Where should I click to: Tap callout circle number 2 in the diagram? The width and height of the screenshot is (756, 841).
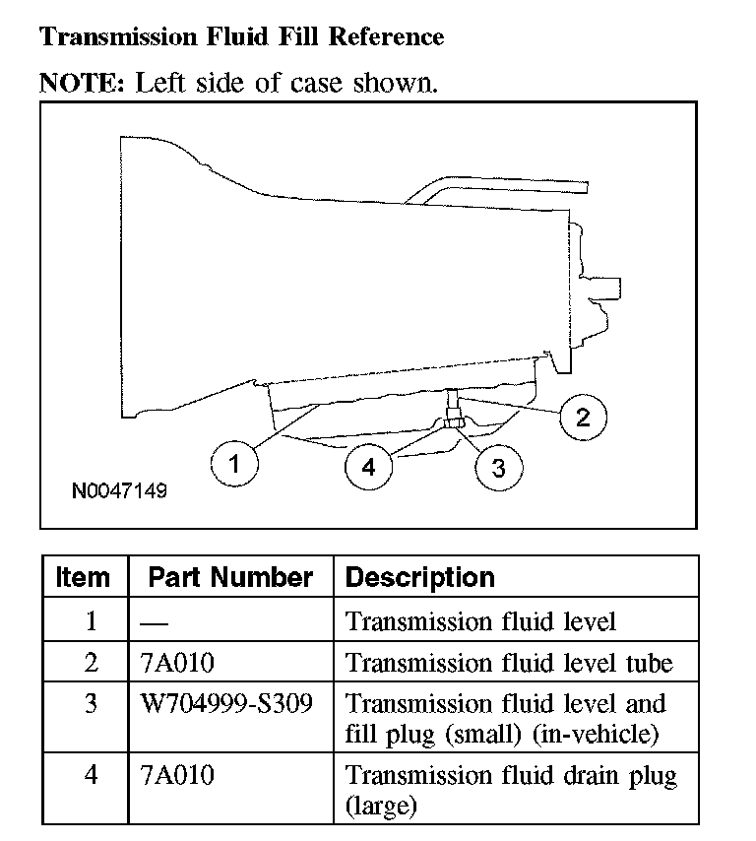click(583, 418)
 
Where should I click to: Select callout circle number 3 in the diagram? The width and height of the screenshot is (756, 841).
click(498, 468)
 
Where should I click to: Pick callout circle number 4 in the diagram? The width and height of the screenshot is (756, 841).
click(368, 468)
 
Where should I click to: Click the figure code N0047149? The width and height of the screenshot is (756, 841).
click(119, 489)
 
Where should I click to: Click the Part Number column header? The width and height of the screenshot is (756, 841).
click(230, 577)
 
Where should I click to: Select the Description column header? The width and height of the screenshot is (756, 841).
click(420, 577)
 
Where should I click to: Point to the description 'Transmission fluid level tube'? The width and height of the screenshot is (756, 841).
click(509, 663)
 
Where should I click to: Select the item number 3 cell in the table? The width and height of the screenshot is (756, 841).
click(91, 705)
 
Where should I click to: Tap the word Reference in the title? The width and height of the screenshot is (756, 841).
click(386, 37)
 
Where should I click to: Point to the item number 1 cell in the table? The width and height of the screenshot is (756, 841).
click(91, 622)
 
